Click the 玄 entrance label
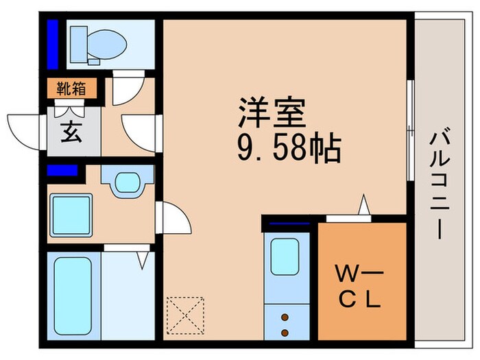(72, 131)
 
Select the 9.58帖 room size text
(289, 147)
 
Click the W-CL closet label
(359, 286)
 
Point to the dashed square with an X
(185, 315)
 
